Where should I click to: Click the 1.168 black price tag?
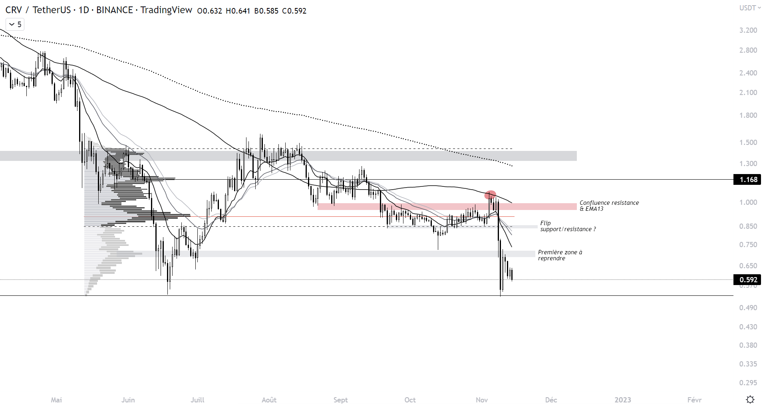tap(747, 180)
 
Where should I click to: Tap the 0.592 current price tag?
tap(747, 279)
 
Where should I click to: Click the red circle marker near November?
tap(490, 195)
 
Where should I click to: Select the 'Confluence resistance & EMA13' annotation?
tap(609, 206)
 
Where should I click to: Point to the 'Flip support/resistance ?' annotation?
tap(567, 226)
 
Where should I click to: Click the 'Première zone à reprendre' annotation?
tap(560, 255)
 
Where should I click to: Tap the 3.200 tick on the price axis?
tap(748, 30)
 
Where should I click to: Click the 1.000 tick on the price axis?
tap(748, 202)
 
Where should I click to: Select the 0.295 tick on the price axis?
tap(748, 382)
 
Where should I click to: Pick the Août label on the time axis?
tap(269, 400)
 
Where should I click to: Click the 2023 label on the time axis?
tap(622, 400)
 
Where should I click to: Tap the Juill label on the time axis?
tap(197, 400)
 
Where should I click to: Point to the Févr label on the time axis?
tap(694, 400)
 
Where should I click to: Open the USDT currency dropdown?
tap(749, 8)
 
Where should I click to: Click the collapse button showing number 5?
tap(15, 24)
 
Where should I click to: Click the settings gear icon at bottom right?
tap(750, 399)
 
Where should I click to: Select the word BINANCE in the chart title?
tap(114, 10)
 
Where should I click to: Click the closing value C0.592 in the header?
tap(294, 11)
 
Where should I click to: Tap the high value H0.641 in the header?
tap(238, 11)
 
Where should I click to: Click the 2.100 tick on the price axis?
tap(748, 93)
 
